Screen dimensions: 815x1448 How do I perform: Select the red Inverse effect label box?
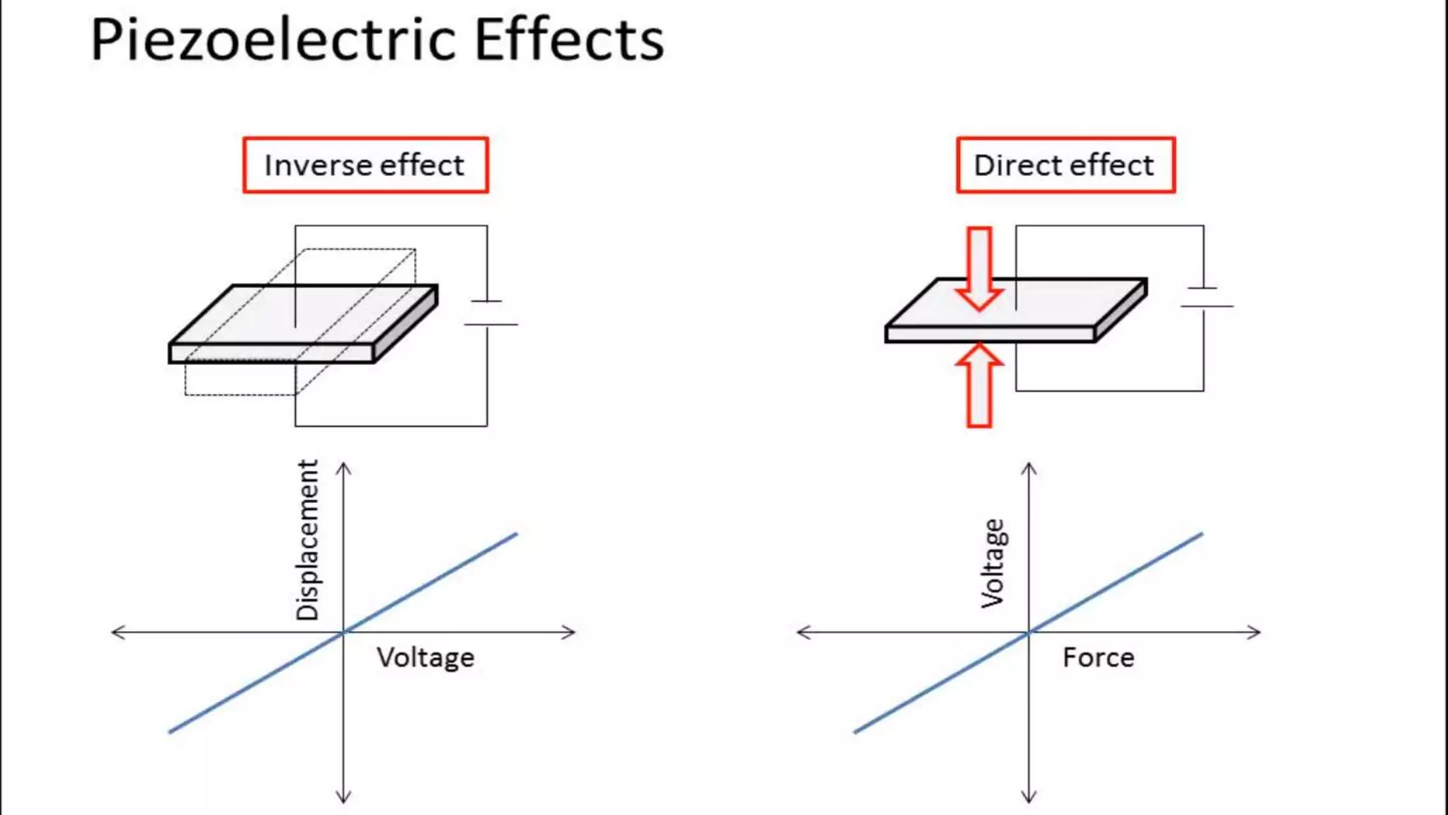click(366, 166)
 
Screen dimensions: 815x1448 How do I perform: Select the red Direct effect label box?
click(1065, 166)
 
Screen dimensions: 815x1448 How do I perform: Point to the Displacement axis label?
click(308, 540)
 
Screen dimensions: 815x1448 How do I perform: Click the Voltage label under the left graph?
click(426, 658)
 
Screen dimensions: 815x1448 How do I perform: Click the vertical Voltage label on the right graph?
click(993, 563)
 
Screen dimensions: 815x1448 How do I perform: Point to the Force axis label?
click(1098, 658)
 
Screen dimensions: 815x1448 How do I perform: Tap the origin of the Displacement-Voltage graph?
click(344, 632)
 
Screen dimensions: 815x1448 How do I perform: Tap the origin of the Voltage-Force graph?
click(1029, 632)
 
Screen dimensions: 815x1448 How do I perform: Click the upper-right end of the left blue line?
click(516, 534)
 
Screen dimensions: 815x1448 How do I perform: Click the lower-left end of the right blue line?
click(856, 732)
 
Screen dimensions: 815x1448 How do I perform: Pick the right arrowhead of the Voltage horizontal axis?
click(571, 632)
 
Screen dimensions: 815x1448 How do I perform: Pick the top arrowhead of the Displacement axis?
click(344, 467)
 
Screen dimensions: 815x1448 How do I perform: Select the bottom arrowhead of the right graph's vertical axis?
click(1029, 798)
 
